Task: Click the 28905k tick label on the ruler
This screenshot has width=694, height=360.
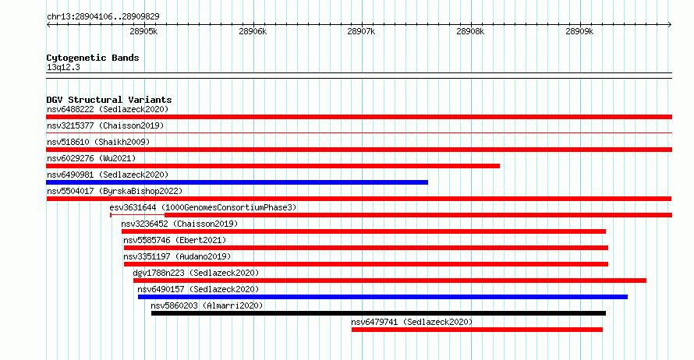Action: tap(143, 32)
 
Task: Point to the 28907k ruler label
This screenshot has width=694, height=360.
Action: tap(361, 32)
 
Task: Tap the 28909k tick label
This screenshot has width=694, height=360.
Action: tap(579, 32)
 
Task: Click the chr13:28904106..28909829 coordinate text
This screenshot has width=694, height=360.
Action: tap(103, 17)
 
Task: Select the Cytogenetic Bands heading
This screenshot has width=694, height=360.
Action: tap(93, 58)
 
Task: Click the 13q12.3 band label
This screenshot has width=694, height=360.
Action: tap(63, 67)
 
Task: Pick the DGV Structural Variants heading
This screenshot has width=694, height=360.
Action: tap(109, 100)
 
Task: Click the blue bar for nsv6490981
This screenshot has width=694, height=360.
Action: tap(237, 182)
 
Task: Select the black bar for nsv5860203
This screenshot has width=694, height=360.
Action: tap(378, 313)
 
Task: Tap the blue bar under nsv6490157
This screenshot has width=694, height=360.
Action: tap(383, 297)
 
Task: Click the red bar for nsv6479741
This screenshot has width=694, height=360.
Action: tap(477, 330)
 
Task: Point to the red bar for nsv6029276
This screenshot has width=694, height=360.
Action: tap(273, 166)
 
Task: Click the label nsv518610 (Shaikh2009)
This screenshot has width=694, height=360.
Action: tap(98, 142)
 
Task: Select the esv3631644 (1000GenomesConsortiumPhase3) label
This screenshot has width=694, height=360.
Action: tap(203, 207)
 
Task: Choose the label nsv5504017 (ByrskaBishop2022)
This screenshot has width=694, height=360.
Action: tap(115, 191)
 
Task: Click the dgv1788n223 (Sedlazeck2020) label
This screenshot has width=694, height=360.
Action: tap(196, 273)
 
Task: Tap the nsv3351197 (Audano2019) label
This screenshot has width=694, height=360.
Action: tap(177, 256)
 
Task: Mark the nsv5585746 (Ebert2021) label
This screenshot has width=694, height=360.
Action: tap(175, 240)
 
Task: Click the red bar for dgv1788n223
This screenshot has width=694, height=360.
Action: tap(389, 281)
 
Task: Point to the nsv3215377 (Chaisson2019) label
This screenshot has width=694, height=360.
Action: tap(105, 125)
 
